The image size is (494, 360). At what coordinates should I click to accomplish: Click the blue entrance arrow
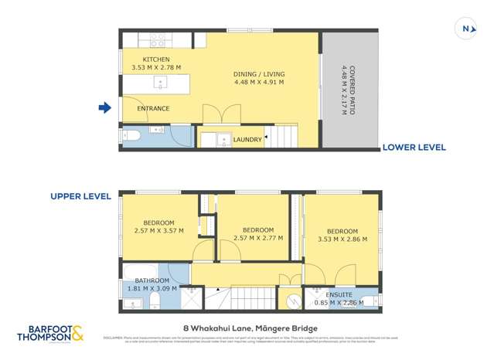click(x=104, y=108)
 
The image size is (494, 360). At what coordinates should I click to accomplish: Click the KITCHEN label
click(x=155, y=59)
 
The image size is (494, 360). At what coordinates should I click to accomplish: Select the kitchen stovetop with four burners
click(x=158, y=39)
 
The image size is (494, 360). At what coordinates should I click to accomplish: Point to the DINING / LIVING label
click(x=258, y=74)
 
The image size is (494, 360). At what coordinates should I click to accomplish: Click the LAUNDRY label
click(x=247, y=140)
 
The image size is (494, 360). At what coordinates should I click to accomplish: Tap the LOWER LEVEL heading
click(x=414, y=146)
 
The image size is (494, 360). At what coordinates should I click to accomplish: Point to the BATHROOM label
click(x=152, y=280)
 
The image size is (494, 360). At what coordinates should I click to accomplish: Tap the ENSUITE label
click(x=340, y=295)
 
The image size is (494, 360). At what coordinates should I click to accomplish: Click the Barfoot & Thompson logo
click(x=51, y=334)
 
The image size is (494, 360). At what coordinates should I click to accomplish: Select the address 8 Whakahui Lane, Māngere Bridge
click(x=246, y=327)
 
